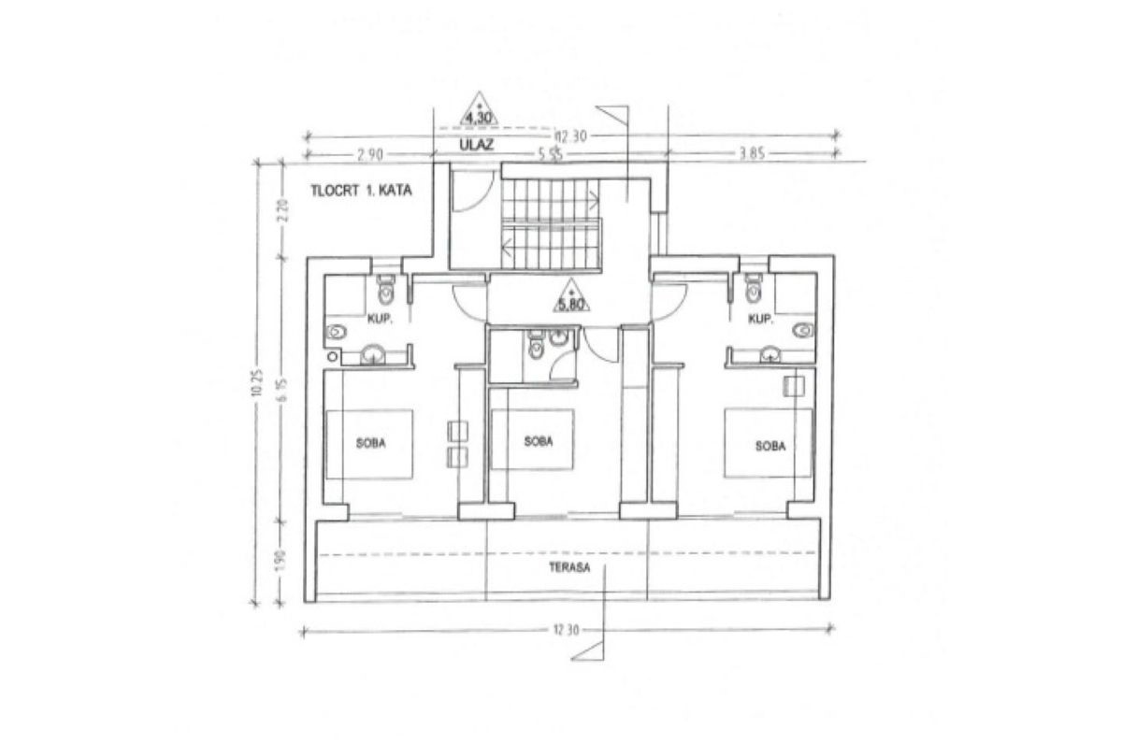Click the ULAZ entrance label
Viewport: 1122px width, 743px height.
[x=476, y=145]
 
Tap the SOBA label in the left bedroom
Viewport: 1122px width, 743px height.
[x=371, y=444]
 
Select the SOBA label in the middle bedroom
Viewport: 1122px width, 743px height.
[x=538, y=441]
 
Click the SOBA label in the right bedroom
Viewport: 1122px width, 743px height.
[x=770, y=446]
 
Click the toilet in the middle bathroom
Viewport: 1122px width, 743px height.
[x=535, y=349]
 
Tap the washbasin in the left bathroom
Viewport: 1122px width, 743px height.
[x=373, y=352]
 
